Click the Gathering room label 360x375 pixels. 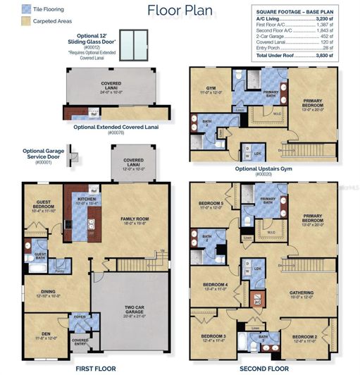click(306, 295)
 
